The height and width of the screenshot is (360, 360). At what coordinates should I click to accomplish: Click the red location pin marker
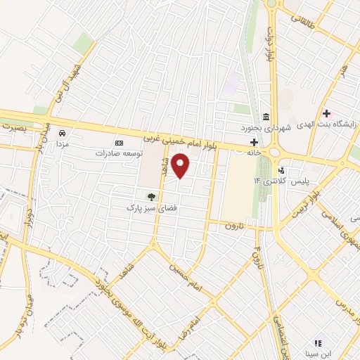point(181,165)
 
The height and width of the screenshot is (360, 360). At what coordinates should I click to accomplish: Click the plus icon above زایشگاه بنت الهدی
point(326,113)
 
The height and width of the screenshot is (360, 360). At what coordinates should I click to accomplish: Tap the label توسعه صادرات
point(120,152)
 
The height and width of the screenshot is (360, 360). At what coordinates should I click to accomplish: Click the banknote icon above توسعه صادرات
point(118,141)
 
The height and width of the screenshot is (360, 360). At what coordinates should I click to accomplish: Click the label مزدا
point(62,143)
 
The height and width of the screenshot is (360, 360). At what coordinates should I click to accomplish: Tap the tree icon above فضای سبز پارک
point(149,196)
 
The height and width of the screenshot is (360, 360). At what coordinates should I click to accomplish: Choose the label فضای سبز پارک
point(149,208)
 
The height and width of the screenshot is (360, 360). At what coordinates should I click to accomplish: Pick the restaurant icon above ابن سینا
point(318,342)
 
